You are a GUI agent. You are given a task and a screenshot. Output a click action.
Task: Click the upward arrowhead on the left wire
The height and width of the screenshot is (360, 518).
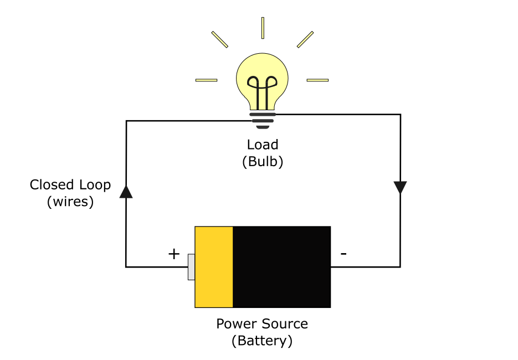pyautogui.click(x=126, y=192)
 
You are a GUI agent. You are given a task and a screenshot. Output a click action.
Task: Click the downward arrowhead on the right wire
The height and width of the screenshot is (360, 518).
pyautogui.click(x=400, y=187)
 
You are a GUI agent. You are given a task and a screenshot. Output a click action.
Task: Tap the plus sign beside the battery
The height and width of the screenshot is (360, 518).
pyautogui.click(x=174, y=254)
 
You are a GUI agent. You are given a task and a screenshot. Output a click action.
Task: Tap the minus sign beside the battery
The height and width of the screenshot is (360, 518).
pyautogui.click(x=343, y=254)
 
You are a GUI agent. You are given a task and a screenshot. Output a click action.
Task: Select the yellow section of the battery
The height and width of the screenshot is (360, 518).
pyautogui.click(x=214, y=266)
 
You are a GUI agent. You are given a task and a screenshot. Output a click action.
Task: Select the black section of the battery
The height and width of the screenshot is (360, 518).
pyautogui.click(x=281, y=266)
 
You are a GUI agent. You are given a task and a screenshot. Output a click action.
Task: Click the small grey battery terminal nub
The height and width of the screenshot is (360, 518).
pyautogui.click(x=191, y=267)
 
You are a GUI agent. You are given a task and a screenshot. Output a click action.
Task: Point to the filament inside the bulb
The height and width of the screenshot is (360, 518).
pyautogui.click(x=262, y=89)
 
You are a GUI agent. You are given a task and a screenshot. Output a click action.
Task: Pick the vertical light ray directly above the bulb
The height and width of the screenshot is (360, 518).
pyautogui.click(x=263, y=28)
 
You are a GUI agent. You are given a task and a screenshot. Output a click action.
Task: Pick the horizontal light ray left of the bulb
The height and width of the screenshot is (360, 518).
pyautogui.click(x=206, y=80)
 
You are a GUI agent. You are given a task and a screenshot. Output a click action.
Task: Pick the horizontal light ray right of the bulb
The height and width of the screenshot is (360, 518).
pyautogui.click(x=317, y=80)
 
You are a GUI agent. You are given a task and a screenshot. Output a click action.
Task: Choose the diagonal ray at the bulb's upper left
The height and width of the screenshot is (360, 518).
pyautogui.click(x=220, y=39)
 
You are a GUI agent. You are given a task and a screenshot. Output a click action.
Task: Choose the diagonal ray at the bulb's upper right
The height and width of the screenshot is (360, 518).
pyautogui.click(x=305, y=39)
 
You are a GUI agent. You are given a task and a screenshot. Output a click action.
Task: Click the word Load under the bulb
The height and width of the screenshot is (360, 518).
pyautogui.click(x=263, y=145)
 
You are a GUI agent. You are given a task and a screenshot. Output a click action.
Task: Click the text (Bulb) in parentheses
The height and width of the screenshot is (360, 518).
pyautogui.click(x=263, y=162)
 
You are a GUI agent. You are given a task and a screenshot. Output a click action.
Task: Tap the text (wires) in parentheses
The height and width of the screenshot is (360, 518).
pyautogui.click(x=70, y=202)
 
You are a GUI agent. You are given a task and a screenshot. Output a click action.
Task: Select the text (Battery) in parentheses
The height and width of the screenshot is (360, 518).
pyautogui.click(x=262, y=341)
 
